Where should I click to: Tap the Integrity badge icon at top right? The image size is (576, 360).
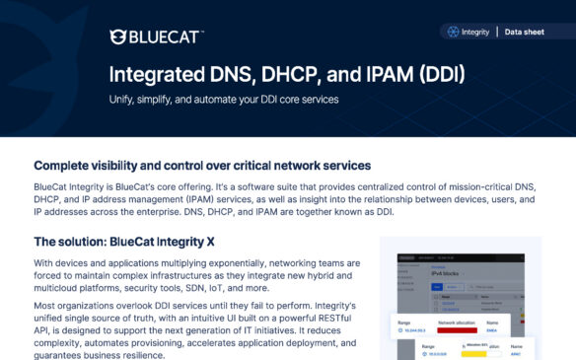coord(453,32)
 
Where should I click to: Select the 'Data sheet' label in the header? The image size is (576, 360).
coord(524,32)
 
